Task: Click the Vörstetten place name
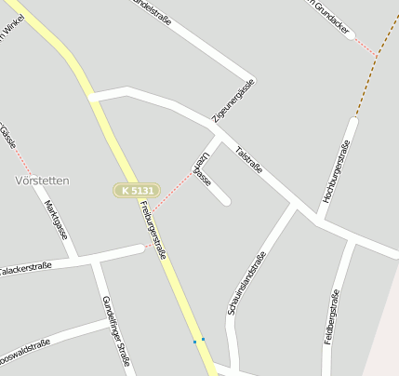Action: [x=44, y=179]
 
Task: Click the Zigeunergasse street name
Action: [x=233, y=101]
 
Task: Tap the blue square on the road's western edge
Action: [x=194, y=342]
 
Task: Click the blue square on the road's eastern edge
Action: [x=203, y=339]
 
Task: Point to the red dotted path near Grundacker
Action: [x=365, y=46]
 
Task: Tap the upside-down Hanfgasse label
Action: [x=202, y=168]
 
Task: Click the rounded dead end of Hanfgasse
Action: [x=226, y=200]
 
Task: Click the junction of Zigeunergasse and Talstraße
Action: [x=219, y=133]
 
